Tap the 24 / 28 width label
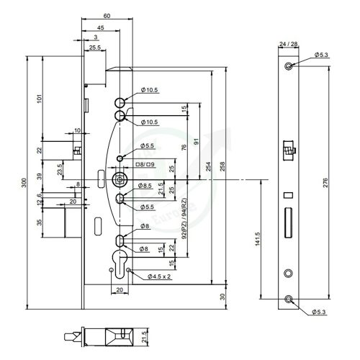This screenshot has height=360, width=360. [x=289, y=45]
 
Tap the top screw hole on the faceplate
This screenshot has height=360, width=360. [x=289, y=67]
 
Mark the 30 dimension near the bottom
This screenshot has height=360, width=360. [x=224, y=296]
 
